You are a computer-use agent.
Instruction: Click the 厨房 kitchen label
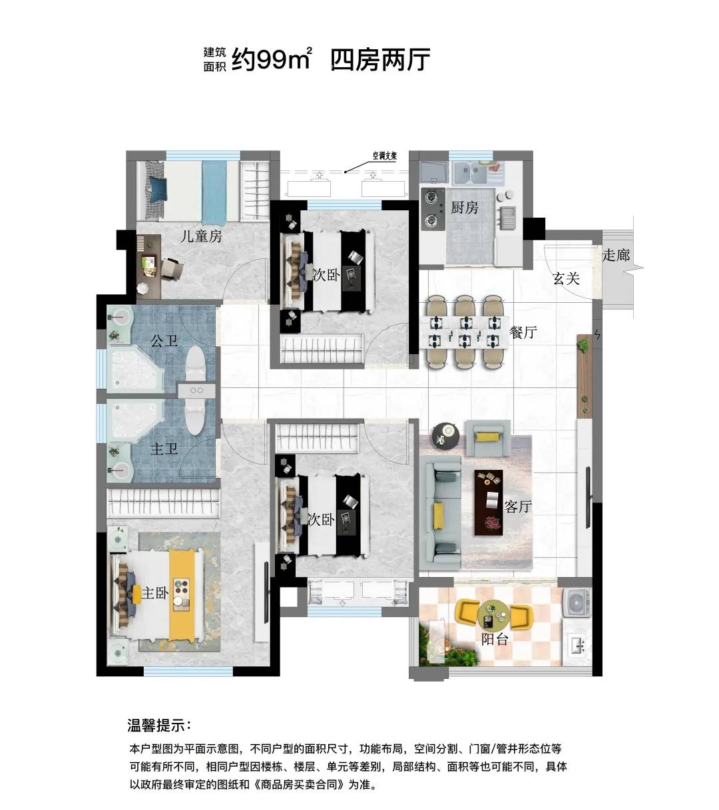[464, 208]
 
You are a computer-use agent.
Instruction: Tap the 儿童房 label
[201, 236]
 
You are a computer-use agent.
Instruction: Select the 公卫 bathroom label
[164, 341]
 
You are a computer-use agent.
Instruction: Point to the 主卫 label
[164, 449]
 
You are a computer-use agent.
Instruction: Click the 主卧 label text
[155, 592]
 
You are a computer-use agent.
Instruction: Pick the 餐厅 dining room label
[523, 332]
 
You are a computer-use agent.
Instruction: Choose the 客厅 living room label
[518, 507]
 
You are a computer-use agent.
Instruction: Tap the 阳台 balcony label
[495, 640]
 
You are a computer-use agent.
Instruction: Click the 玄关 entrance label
[567, 278]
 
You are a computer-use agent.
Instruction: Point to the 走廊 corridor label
[616, 255]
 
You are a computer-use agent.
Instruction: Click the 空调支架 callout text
[385, 156]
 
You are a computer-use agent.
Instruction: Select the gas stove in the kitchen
[433, 209]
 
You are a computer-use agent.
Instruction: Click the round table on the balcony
[494, 614]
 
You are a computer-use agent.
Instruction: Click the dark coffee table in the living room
[488, 503]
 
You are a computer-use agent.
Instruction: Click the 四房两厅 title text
[380, 60]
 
